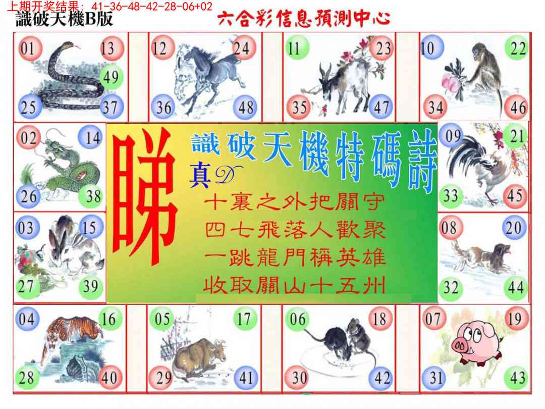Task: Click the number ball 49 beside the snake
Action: coord(111,77)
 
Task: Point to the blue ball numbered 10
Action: coord(431,48)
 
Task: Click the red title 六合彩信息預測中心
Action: coord(303,18)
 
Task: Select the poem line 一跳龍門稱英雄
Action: coord(295,258)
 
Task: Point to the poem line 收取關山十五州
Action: coord(294,286)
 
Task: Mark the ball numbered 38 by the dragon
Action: coord(93,196)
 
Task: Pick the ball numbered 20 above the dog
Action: coord(514,228)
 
